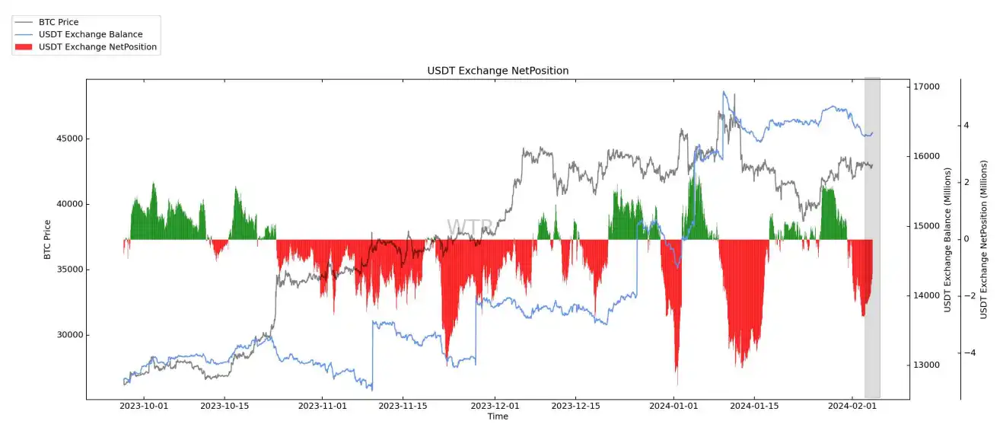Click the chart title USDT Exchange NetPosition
[x=498, y=71]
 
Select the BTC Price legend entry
[x=59, y=22]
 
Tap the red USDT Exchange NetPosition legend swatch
[x=24, y=47]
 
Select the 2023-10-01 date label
[x=145, y=406]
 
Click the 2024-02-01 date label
[x=851, y=406]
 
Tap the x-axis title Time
[x=498, y=416]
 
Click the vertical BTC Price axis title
[x=48, y=239]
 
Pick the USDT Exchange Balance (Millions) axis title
[x=947, y=240]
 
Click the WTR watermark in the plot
[x=463, y=228]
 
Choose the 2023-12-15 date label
[x=575, y=406]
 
